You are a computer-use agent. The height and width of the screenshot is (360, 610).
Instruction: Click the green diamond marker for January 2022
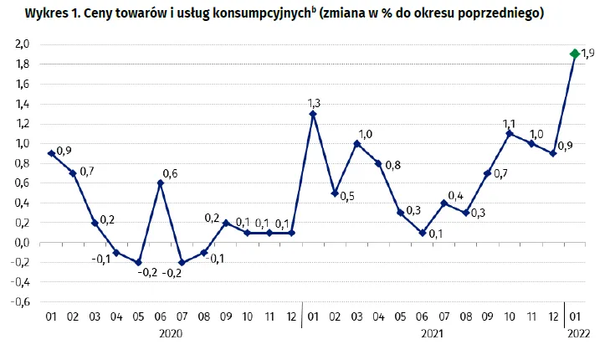tap(575, 54)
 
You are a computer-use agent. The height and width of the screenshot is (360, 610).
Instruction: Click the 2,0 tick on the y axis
tap(22, 44)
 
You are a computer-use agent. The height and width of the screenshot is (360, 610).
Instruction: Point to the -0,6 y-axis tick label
tap(20, 302)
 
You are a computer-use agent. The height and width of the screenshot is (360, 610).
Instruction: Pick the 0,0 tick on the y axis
tap(22, 243)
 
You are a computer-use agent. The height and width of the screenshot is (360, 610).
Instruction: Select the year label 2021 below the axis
tap(433, 333)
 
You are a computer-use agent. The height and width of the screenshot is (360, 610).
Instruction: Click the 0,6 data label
tap(170, 173)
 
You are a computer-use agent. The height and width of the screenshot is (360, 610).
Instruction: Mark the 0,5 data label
tap(346, 196)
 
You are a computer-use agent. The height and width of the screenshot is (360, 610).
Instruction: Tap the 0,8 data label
tap(392, 165)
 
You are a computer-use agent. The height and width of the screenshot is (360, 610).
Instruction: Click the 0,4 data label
tap(455, 196)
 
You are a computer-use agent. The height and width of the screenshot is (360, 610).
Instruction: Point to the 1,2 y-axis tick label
tap(22, 124)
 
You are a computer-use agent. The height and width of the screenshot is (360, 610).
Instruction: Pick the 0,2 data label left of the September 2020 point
tap(212, 218)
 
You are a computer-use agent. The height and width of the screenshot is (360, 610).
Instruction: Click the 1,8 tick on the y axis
tap(22, 64)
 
